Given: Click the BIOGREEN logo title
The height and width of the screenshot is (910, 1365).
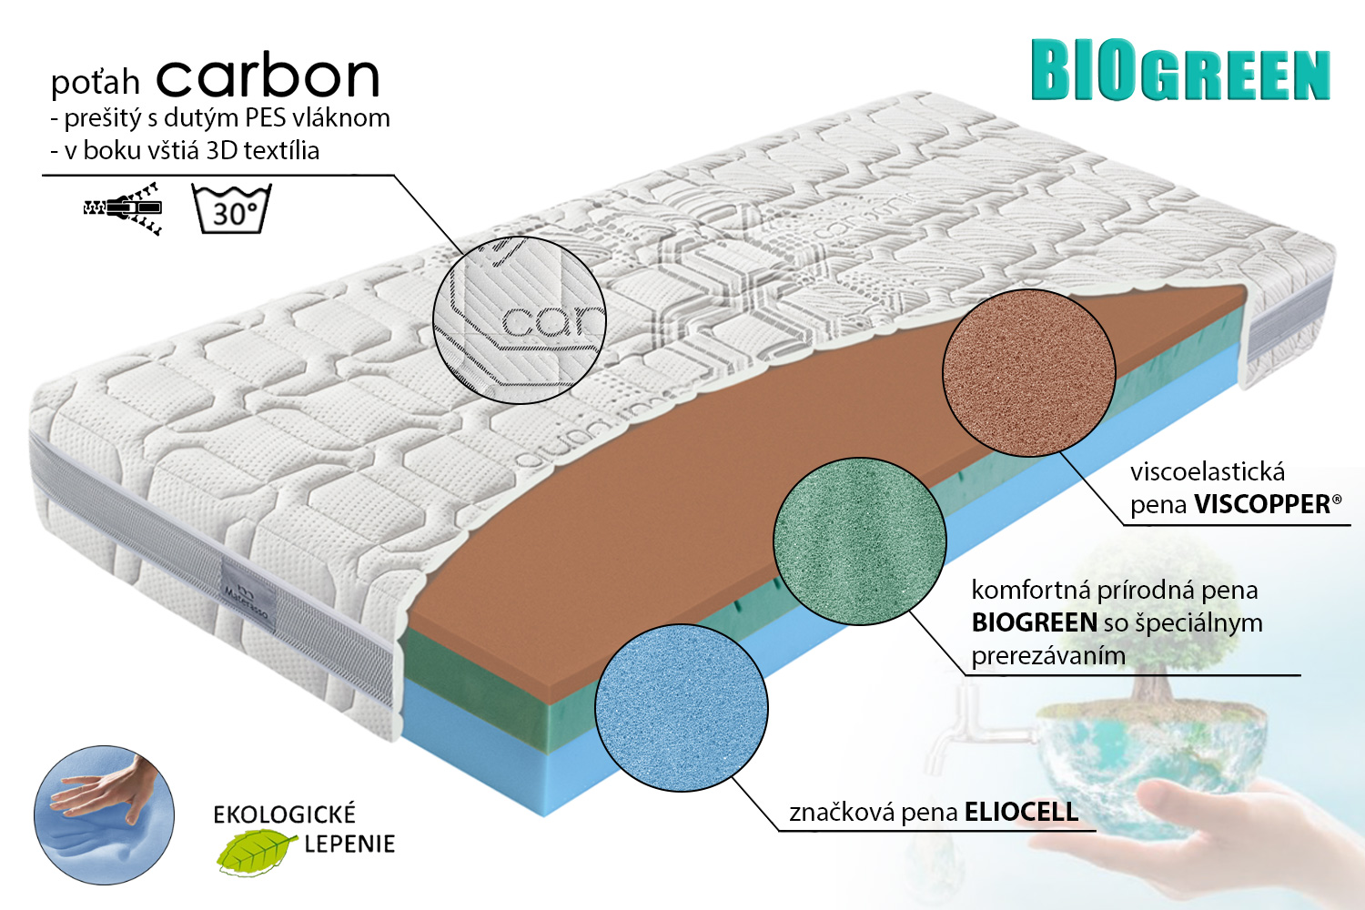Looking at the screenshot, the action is pyautogui.click(x=1180, y=70).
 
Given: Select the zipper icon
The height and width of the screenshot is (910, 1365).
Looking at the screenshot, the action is pyautogui.click(x=123, y=208).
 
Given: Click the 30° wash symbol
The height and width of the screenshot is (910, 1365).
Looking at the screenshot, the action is pyautogui.click(x=231, y=208).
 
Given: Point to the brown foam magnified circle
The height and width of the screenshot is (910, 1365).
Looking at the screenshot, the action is pyautogui.click(x=1028, y=373).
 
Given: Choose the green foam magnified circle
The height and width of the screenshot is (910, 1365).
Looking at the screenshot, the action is pyautogui.click(x=859, y=541).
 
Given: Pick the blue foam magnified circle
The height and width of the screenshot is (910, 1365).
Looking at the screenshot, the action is pyautogui.click(x=682, y=707).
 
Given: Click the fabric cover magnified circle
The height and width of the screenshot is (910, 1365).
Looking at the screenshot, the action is pyautogui.click(x=520, y=319).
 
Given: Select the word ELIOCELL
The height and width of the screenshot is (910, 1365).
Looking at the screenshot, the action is pyautogui.click(x=1021, y=812).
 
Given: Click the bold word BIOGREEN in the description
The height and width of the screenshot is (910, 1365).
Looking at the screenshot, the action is pyautogui.click(x=1034, y=623).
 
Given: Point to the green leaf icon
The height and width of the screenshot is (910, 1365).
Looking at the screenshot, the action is pyautogui.click(x=256, y=852).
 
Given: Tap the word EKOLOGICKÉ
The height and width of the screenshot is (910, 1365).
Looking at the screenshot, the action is pyautogui.click(x=284, y=814).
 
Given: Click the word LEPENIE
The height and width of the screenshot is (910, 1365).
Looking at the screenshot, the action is pyautogui.click(x=349, y=844).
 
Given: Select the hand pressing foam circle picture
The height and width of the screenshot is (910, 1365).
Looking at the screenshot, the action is pyautogui.click(x=105, y=815).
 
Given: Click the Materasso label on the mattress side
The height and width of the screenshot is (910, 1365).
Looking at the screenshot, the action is pyautogui.click(x=247, y=590).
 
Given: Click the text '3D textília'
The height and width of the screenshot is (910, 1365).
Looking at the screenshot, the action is pyautogui.click(x=263, y=150).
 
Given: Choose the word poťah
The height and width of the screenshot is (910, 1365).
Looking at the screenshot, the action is pyautogui.click(x=95, y=82).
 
